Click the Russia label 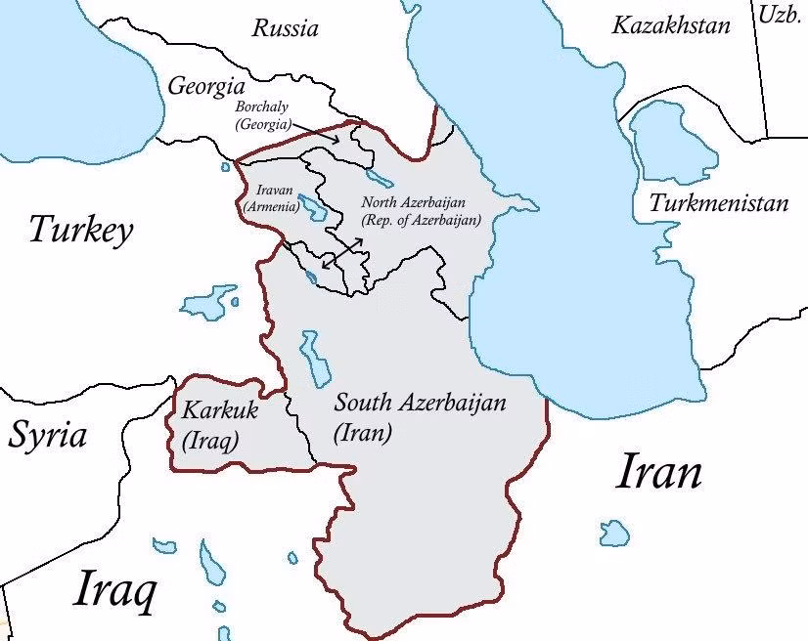point(285,28)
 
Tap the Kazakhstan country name point(670,25)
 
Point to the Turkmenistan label point(718,203)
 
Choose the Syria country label point(47,435)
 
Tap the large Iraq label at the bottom point(114,590)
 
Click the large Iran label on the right point(659,473)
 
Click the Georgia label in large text point(204,85)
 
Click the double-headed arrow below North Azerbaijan point(342,252)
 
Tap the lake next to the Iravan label point(312,206)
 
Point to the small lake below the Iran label point(614,533)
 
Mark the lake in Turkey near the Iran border point(210,301)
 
